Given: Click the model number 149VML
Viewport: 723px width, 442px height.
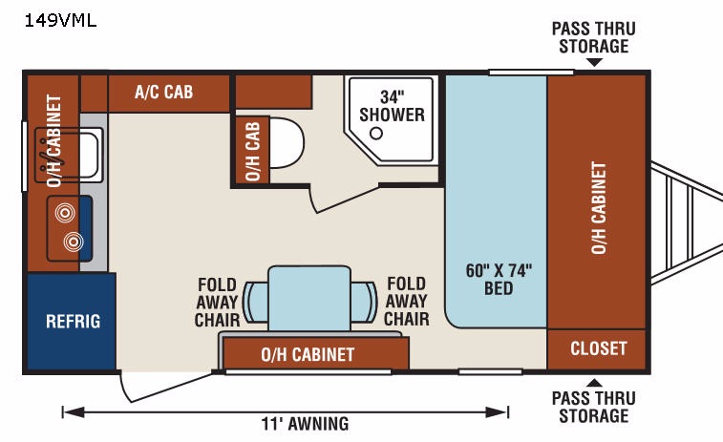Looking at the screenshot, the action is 60,21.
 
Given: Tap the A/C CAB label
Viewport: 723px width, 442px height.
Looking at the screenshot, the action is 163,93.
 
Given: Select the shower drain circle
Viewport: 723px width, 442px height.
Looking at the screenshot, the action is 376,134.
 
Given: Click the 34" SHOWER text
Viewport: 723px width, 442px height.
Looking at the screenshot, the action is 392,106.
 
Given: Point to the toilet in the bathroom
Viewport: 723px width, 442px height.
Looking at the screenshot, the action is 286,143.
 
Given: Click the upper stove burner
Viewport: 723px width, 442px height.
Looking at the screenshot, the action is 65,213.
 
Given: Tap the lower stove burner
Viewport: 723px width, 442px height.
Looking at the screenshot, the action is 74,242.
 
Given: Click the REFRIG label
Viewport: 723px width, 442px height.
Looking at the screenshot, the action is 74,322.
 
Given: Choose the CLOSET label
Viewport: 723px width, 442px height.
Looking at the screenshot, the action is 599,348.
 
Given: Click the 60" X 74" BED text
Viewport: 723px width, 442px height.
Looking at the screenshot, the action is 499,280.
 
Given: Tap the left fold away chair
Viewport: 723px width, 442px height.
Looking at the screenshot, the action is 255,302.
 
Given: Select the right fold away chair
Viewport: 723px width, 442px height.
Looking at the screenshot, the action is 364,302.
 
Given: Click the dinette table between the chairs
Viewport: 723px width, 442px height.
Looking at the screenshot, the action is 309,298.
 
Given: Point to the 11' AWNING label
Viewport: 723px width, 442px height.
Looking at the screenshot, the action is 305,424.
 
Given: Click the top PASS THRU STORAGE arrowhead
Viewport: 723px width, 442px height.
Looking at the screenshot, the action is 594,62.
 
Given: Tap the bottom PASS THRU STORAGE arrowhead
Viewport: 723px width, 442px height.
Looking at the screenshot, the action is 594,383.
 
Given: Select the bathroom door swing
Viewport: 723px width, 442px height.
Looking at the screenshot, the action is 342,200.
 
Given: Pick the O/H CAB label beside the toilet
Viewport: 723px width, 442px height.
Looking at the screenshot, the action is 252,151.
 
